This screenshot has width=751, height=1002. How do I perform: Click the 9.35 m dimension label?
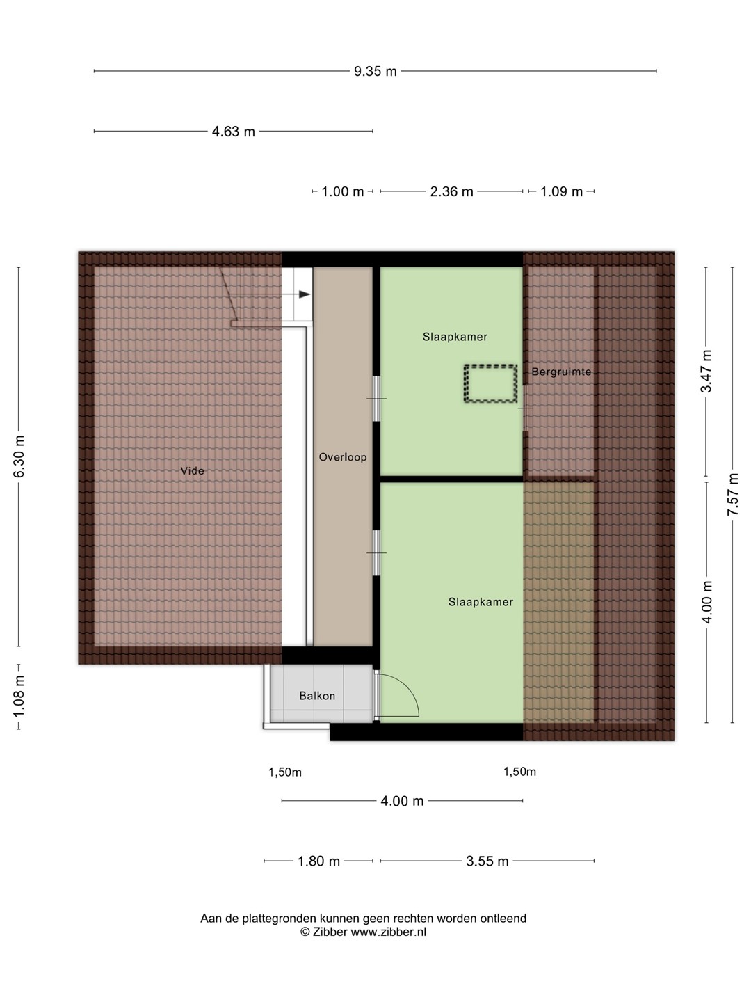click(x=375, y=71)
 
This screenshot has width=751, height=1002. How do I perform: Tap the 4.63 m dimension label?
click(x=233, y=132)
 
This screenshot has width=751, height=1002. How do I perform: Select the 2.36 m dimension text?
click(x=451, y=191)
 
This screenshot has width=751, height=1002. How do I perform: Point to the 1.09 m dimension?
click(x=561, y=191)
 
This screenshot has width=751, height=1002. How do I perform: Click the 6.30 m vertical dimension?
click(x=19, y=456)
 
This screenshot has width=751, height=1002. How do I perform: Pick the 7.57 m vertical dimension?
click(x=732, y=494)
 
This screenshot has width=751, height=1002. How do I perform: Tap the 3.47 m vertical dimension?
click(x=706, y=371)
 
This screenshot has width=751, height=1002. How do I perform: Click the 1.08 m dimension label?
click(x=19, y=697)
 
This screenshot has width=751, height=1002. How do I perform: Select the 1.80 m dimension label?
click(x=318, y=861)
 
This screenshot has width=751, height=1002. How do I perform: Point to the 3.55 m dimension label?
click(x=487, y=861)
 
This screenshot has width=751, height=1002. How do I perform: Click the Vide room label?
click(x=192, y=470)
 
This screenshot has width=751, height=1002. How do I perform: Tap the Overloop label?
click(x=342, y=457)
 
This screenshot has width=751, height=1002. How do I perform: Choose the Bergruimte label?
click(x=561, y=372)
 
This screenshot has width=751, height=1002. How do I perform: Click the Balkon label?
click(x=317, y=696)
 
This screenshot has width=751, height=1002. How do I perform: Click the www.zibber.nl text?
click(x=388, y=932)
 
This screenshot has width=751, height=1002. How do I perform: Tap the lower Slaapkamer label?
click(x=481, y=602)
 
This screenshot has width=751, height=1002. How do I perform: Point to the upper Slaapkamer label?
click(x=455, y=336)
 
